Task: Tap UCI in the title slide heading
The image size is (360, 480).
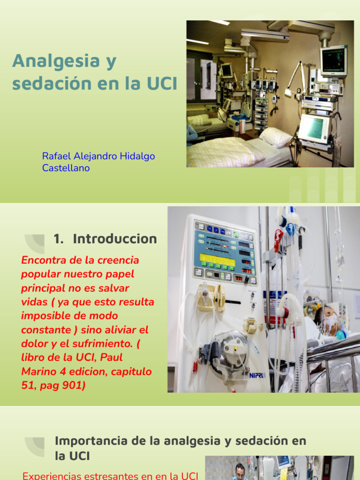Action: coord(162,84)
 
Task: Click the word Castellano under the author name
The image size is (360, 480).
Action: coord(66,168)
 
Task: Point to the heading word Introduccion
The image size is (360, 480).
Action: coord(115,239)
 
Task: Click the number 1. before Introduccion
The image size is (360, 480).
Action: coord(59,239)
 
